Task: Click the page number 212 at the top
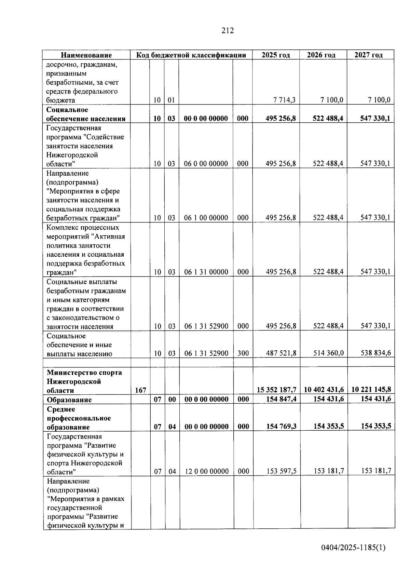click(228, 31)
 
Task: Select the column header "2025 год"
click(276, 55)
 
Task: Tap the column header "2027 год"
click(368, 55)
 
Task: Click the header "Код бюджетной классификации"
click(191, 55)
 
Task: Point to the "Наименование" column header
click(86, 55)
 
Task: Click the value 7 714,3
click(284, 100)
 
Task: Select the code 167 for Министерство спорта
click(140, 390)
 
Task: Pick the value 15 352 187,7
click(276, 390)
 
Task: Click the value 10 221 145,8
click(371, 389)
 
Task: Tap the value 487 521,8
click(281, 353)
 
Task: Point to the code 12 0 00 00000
click(207, 471)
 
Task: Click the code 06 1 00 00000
click(206, 218)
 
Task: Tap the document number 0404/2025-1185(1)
click(353, 548)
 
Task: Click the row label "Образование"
click(69, 400)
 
